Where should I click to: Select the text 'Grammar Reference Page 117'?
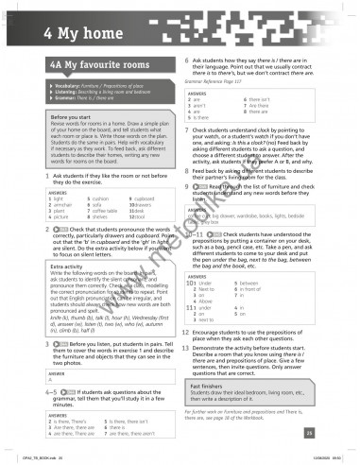point(214,83)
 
